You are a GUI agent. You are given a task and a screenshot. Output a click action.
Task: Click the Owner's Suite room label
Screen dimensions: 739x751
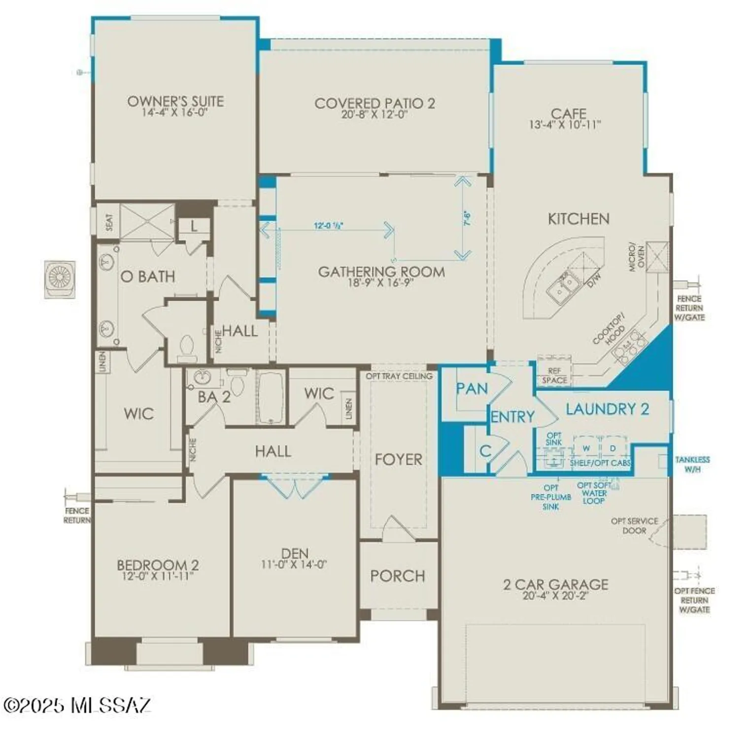click(x=175, y=101)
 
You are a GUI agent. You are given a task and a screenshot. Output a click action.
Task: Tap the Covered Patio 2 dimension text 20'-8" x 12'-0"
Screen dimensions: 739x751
click(x=375, y=115)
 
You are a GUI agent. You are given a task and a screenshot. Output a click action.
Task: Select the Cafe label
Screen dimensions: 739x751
click(x=568, y=114)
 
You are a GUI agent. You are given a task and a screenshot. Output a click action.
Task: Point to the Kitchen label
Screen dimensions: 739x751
click(x=579, y=219)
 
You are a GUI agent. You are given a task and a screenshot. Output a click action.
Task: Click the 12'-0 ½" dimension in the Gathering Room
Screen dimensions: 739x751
click(x=328, y=226)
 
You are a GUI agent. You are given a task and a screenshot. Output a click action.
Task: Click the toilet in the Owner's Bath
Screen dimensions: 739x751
click(x=187, y=346)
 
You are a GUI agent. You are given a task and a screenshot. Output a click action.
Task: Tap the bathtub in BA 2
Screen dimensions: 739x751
click(x=270, y=397)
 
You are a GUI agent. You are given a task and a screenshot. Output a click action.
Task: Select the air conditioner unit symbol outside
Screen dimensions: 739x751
click(x=61, y=279)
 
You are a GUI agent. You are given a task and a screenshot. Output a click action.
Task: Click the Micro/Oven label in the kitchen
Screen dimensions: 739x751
click(x=636, y=256)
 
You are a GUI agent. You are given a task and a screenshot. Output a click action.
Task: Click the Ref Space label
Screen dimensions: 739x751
click(x=554, y=375)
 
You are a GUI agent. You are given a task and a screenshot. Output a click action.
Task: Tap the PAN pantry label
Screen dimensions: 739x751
click(x=472, y=389)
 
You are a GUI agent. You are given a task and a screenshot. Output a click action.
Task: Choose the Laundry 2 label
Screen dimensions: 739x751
click(x=607, y=409)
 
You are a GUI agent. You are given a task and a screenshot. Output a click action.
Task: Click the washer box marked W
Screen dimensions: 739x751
click(x=586, y=448)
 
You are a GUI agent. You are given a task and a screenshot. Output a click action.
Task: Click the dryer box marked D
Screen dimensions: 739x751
click(x=613, y=448)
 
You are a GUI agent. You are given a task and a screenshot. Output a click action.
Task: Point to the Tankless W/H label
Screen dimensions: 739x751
click(x=692, y=464)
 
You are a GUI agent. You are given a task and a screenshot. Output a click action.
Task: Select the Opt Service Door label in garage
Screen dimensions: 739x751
click(x=634, y=526)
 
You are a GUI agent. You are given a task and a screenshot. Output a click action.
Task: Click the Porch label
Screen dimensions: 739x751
click(x=398, y=576)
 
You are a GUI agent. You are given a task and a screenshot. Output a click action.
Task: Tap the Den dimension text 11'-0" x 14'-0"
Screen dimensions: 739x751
click(x=294, y=565)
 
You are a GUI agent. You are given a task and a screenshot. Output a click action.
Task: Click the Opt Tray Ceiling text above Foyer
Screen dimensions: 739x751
click(x=399, y=376)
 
